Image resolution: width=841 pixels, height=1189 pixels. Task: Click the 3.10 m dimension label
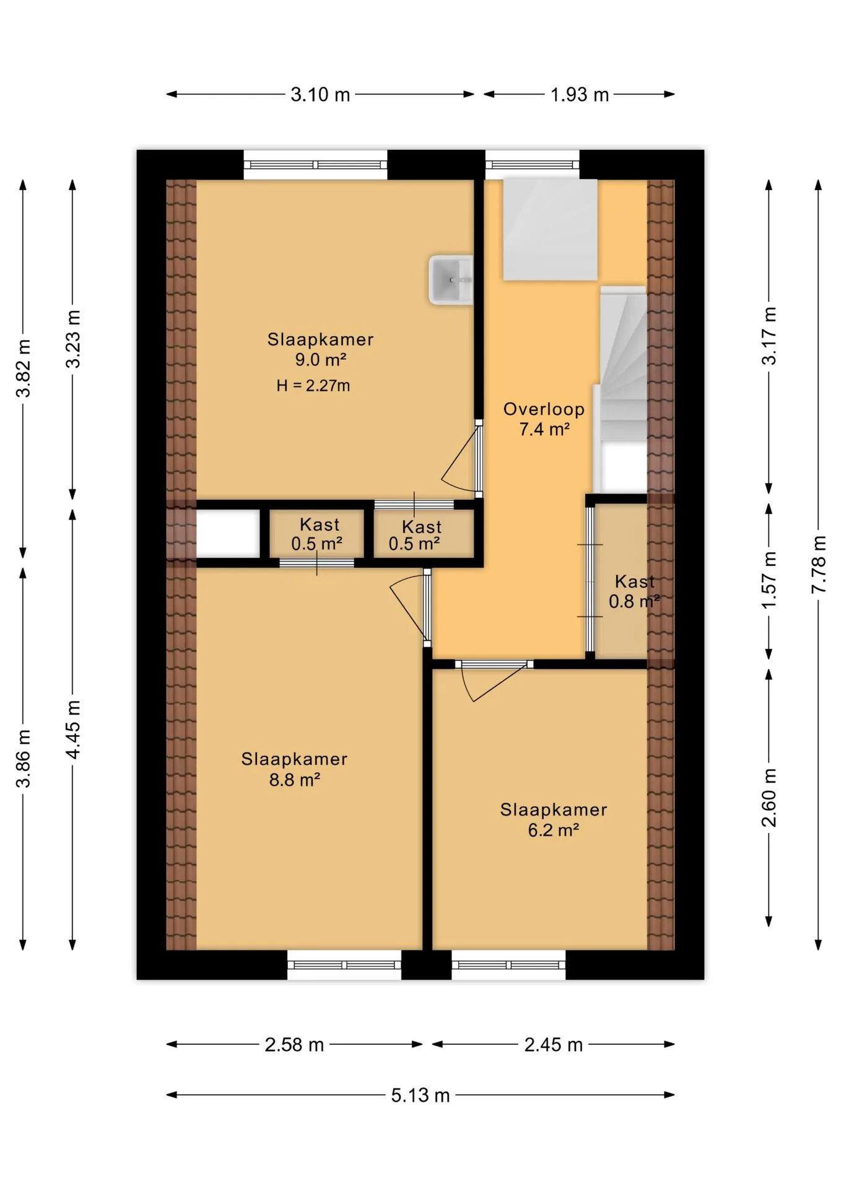pos(320,95)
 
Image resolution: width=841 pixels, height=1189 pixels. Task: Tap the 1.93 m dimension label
pos(580,95)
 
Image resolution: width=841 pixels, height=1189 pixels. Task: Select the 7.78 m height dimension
pos(819,564)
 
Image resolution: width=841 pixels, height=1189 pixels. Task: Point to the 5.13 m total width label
pos(420,1095)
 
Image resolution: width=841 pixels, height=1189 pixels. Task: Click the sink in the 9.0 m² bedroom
pos(451,280)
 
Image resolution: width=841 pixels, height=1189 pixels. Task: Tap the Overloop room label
pos(544,409)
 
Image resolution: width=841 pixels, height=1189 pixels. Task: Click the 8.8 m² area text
pos(294,780)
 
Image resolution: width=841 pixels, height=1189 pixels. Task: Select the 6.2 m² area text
pos(553,830)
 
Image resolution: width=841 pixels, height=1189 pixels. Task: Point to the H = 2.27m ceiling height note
pos(313,386)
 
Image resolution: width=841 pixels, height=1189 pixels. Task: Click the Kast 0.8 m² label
pos(634,591)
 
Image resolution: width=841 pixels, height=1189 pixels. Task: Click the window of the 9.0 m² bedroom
pos(315,165)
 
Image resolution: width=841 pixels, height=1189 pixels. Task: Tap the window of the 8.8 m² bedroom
pos(344,965)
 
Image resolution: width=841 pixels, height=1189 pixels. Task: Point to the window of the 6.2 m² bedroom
pos(508,965)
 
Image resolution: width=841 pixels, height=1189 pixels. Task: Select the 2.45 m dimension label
pos(554,1045)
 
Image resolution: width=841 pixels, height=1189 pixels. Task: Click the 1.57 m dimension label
pos(769,580)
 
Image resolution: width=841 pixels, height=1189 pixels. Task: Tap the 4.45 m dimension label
pos(73,729)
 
